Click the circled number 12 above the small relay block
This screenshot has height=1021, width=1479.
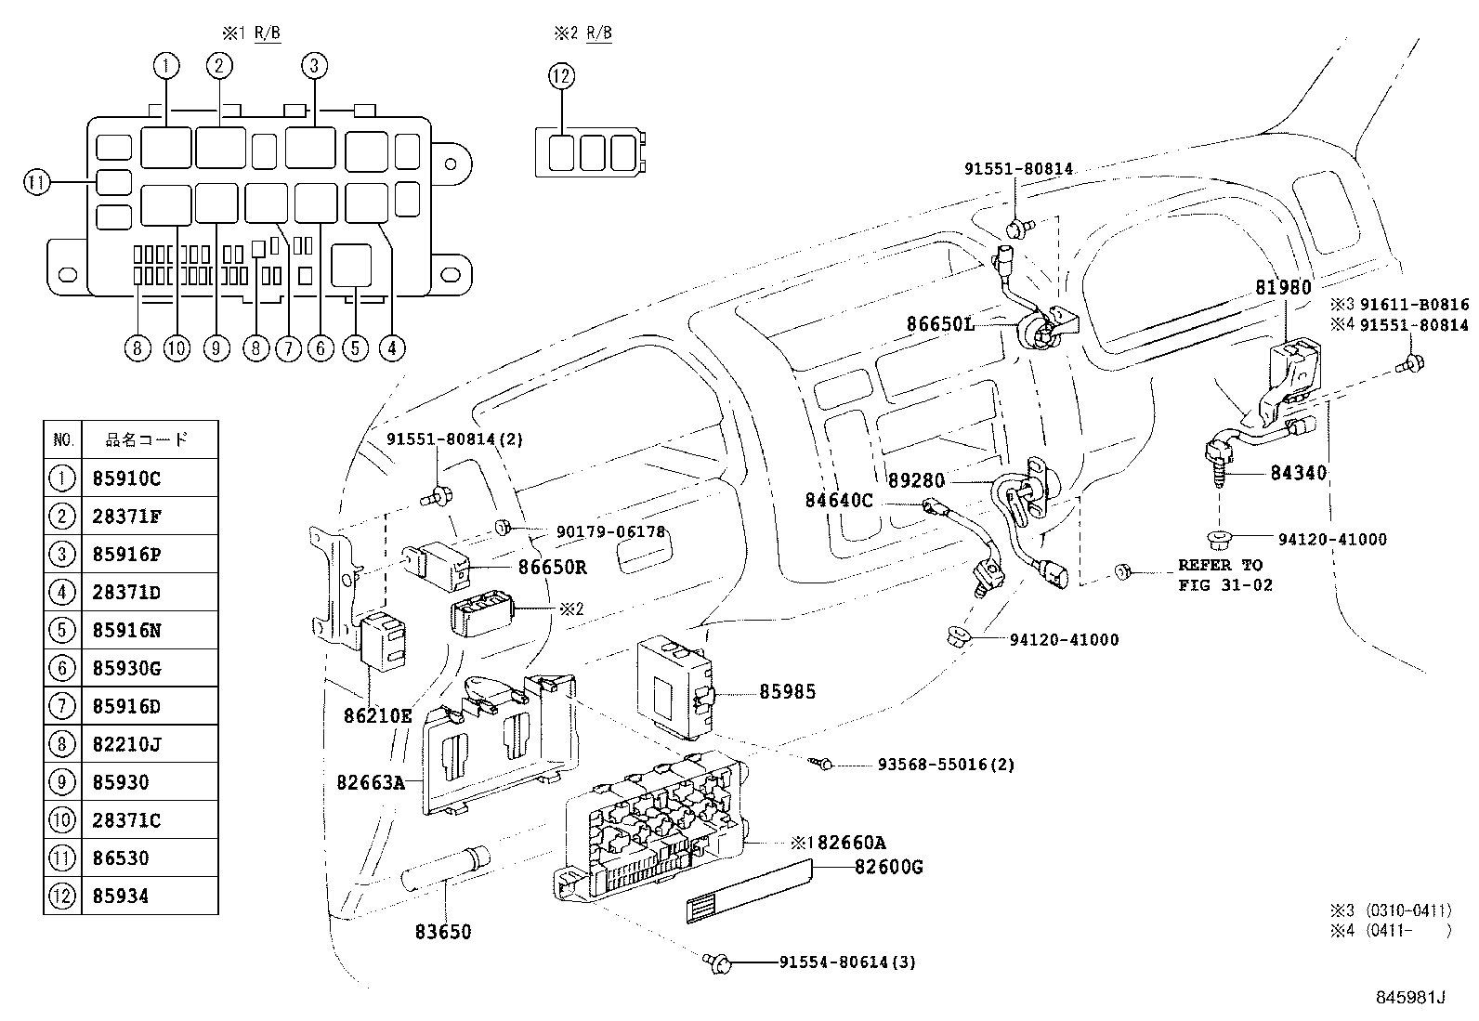tap(561, 76)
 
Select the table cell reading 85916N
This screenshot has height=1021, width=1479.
tap(127, 630)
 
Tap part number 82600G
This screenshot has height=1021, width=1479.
tap(888, 868)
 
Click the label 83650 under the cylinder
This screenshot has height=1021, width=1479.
tap(443, 931)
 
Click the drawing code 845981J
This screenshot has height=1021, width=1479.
tap(1411, 998)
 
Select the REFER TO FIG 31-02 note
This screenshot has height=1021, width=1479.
tap(1224, 575)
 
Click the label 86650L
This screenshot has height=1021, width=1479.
tap(939, 323)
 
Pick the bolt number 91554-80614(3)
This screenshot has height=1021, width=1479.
tap(847, 962)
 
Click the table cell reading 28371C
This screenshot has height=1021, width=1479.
tap(127, 820)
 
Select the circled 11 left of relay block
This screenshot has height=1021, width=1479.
tap(35, 183)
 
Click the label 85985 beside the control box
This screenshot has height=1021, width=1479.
tap(787, 691)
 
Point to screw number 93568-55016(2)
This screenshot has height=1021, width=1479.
tap(945, 765)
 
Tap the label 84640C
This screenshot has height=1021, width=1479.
tap(838, 501)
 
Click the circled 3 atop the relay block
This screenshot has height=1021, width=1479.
tap(314, 65)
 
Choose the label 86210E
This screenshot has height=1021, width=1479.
tap(377, 715)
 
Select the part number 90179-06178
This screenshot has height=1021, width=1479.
tap(610, 531)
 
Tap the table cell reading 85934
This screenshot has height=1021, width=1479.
tap(121, 897)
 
